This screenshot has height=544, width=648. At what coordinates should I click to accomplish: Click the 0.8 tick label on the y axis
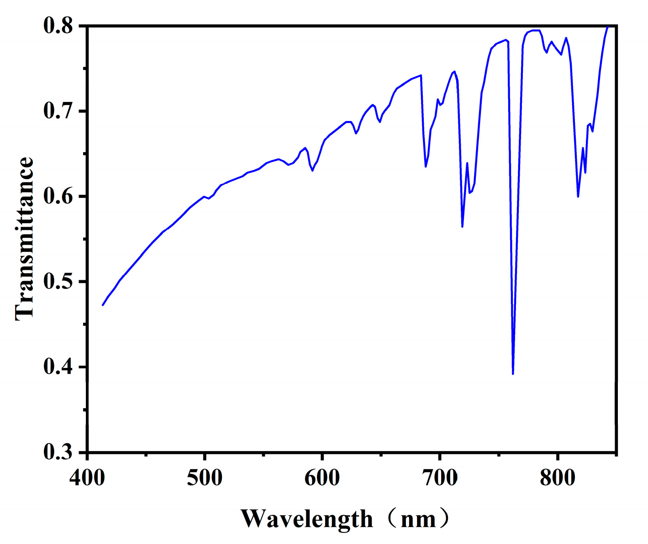pos(58,26)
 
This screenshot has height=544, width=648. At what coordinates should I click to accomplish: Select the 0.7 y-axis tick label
pos(58,111)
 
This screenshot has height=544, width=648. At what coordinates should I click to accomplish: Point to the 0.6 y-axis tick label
pos(58,197)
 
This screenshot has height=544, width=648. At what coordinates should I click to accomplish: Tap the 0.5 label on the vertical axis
pos(58,282)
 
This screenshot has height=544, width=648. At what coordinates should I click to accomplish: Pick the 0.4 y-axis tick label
pos(58,367)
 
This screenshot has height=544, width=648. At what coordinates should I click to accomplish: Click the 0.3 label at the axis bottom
pos(58,452)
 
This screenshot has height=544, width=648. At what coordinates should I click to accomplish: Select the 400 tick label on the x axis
pos(87,478)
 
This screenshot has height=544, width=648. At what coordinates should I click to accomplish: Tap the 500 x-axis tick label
pos(205,478)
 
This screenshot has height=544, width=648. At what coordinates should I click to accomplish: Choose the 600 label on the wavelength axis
pos(322,478)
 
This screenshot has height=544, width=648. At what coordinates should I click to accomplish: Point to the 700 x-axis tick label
pos(439,478)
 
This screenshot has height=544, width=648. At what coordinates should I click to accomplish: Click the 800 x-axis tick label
pos(557,478)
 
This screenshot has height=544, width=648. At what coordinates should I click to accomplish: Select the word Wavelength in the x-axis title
pos(307,519)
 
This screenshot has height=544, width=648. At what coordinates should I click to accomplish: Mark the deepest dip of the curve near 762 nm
pos(513,373)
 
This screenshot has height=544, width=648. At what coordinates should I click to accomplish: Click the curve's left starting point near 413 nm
pos(103,305)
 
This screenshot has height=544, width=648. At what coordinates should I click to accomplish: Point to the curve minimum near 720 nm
pos(462,226)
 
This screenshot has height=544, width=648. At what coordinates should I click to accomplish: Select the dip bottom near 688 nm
pos(426,166)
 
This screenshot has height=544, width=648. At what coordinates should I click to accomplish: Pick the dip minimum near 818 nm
pos(578,197)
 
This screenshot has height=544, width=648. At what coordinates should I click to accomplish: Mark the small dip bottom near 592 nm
pos(312,171)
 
